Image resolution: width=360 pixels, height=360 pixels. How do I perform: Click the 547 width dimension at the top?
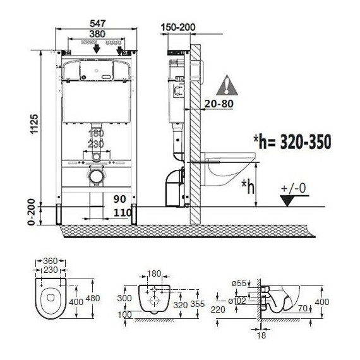point(97,23)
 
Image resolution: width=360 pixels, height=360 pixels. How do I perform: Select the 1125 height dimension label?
point(35,124)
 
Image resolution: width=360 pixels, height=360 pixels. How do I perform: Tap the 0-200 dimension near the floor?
point(32,212)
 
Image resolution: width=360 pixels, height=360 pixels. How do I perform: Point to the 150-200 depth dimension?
point(178,27)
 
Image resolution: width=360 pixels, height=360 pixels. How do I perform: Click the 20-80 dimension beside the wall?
point(219,104)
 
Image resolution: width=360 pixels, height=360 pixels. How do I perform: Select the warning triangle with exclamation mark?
point(227,85)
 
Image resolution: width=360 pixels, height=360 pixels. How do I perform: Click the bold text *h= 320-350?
point(292,141)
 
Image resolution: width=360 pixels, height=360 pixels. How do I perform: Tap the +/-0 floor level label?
point(294,188)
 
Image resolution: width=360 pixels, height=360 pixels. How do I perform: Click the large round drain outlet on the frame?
point(96,176)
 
